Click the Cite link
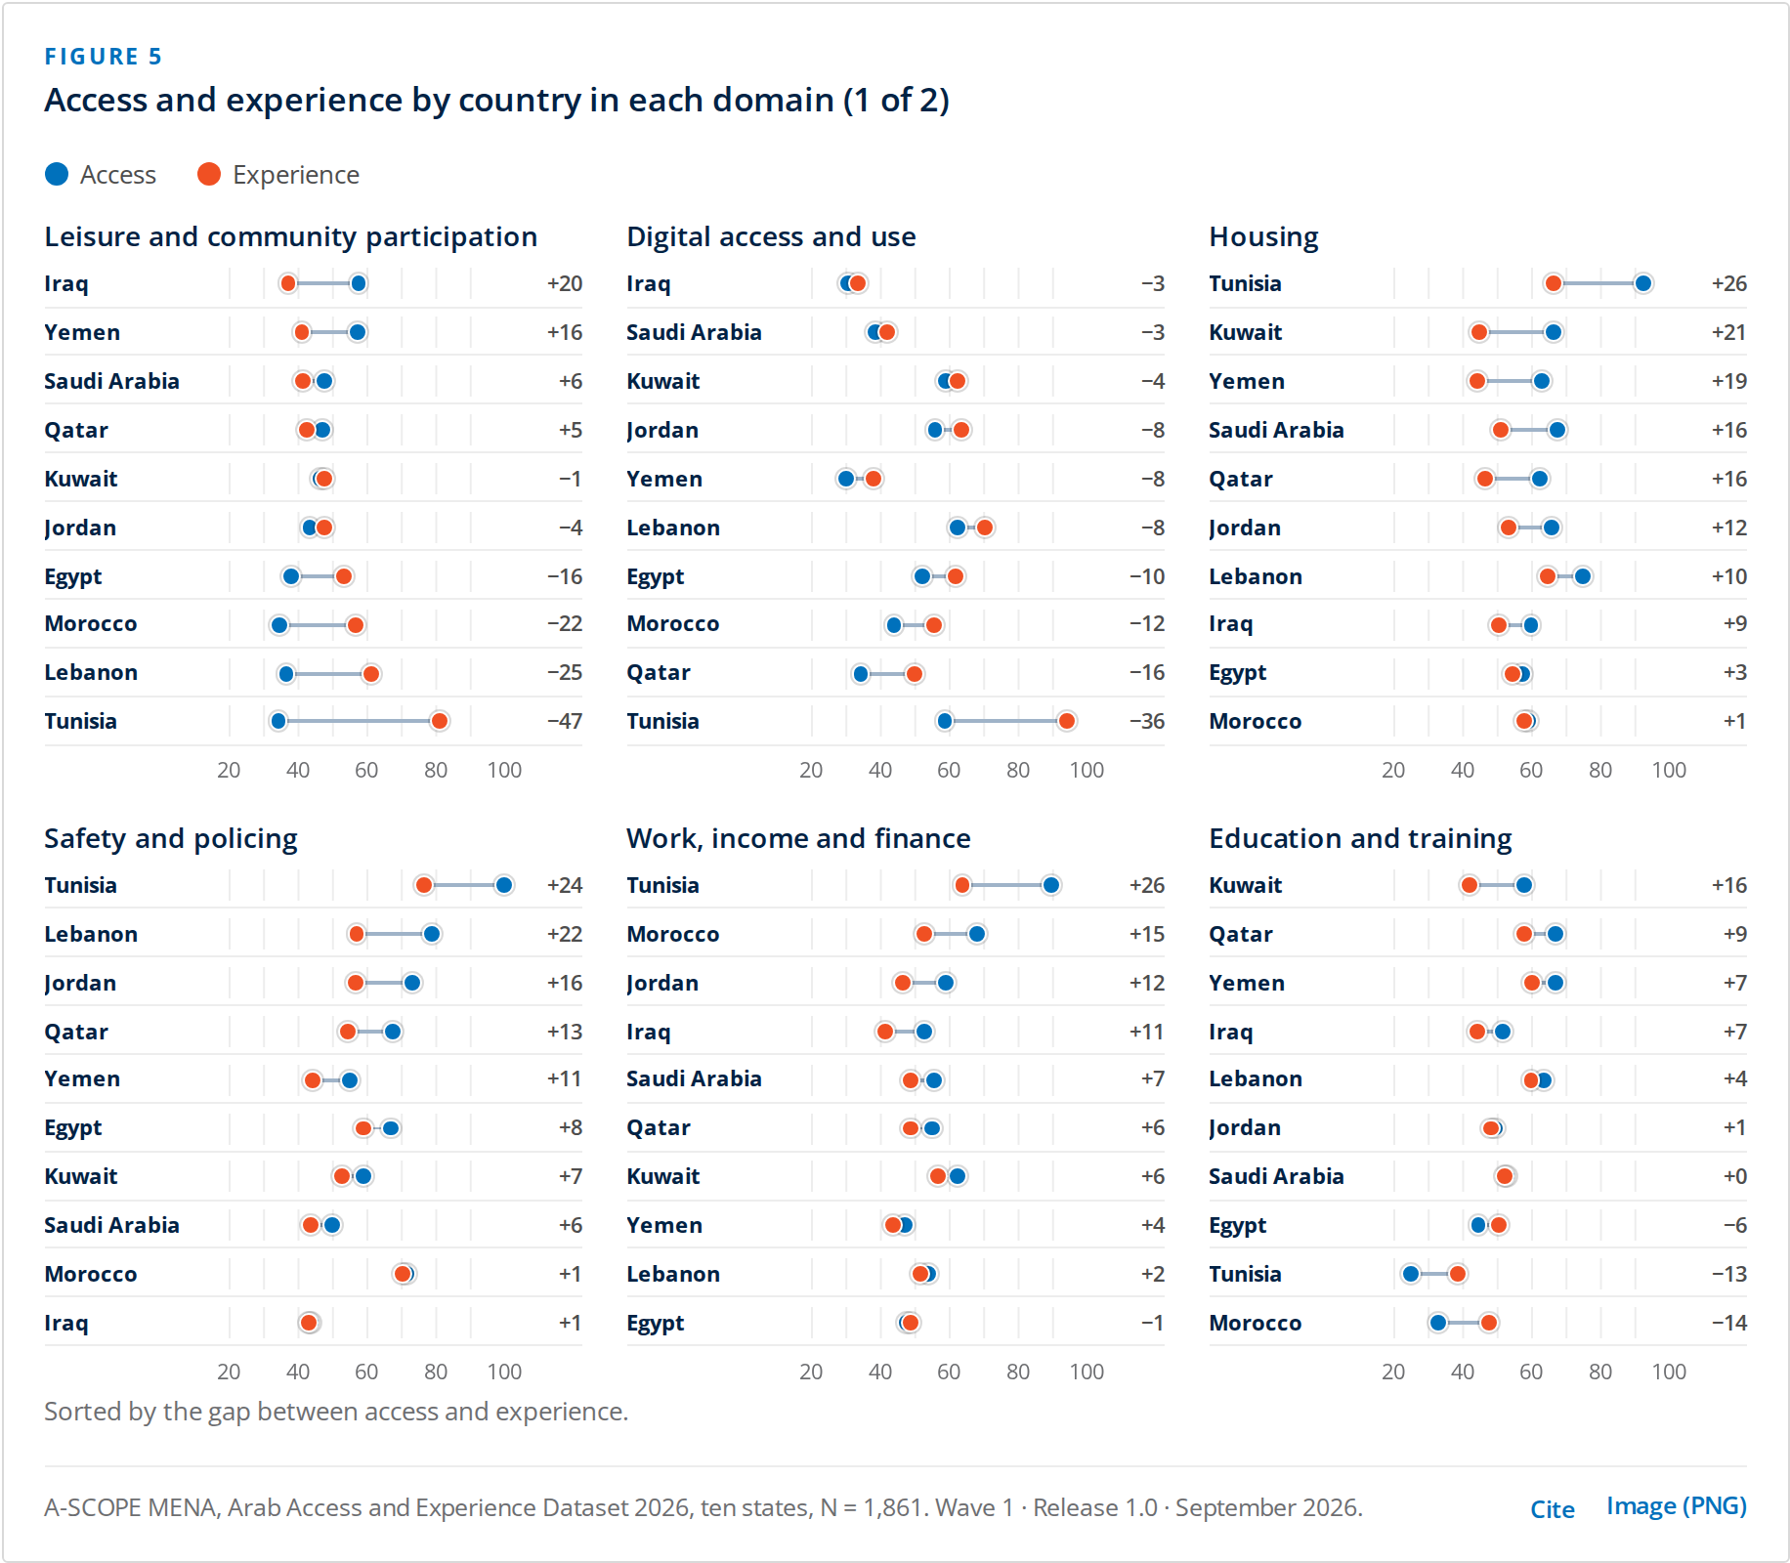[x=1552, y=1509]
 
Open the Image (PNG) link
[x=1677, y=1506]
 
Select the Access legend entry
[x=101, y=175]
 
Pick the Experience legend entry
[x=278, y=175]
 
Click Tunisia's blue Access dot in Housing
[x=1643, y=283]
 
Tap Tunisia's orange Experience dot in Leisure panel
[x=440, y=721]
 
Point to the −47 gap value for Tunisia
[x=565, y=721]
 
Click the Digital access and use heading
[x=771, y=236]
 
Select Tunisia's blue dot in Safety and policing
[x=504, y=885]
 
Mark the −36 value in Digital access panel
[x=1147, y=721]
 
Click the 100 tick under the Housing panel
[x=1669, y=770]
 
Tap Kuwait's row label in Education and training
[x=1245, y=885]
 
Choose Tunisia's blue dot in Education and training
[x=1411, y=1274]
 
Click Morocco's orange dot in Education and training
[x=1489, y=1323]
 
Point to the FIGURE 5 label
[x=104, y=57]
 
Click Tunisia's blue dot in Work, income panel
[x=1051, y=885]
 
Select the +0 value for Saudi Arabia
[x=1734, y=1176]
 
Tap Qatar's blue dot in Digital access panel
[x=861, y=674]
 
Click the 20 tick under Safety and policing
[x=229, y=1372]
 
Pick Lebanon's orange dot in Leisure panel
[x=371, y=674]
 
